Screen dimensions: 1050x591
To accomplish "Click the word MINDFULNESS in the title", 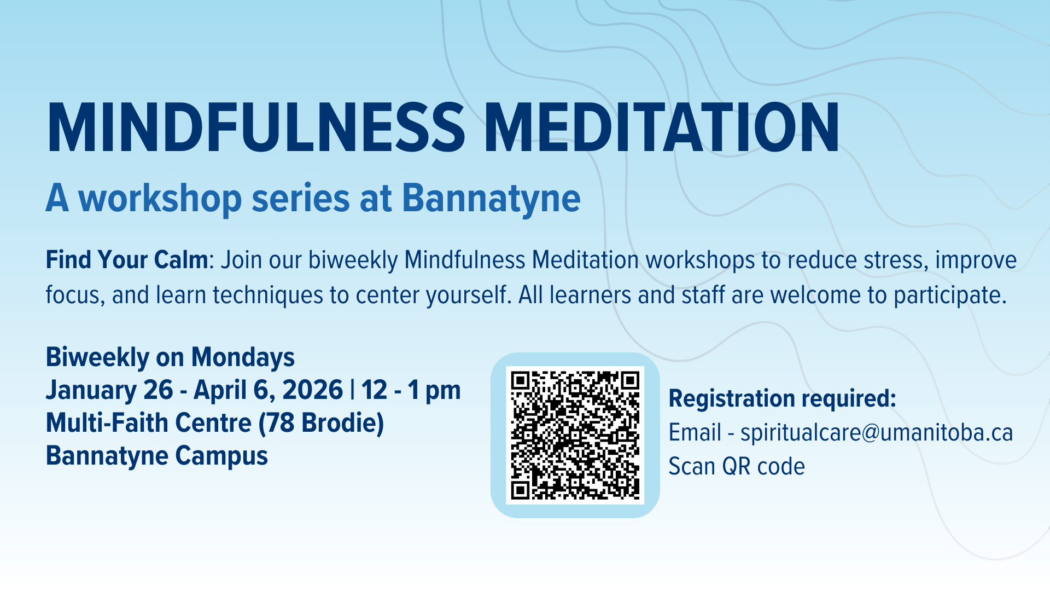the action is tap(256, 128).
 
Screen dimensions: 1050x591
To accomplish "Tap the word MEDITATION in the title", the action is tap(662, 128).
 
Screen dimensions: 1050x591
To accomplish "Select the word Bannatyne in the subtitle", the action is tap(491, 199).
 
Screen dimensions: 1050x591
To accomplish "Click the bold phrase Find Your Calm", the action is tap(127, 260).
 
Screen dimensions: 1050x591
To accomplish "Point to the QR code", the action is tap(575, 435).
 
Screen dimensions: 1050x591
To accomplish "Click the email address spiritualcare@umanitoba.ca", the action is tap(877, 432).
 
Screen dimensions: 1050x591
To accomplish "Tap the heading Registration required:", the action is tap(783, 398).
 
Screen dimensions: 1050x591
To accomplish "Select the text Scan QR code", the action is tap(737, 466).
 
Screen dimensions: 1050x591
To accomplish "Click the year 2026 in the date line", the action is tap(313, 390).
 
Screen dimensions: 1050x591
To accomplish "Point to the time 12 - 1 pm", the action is tap(411, 391).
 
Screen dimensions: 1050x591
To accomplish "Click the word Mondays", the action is tap(243, 357).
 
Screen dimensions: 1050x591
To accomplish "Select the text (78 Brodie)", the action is tap(322, 423).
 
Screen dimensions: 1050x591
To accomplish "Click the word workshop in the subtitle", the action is tap(160, 199).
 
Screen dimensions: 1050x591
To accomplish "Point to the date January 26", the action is tap(109, 390).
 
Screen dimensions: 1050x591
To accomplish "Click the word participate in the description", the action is tap(950, 296).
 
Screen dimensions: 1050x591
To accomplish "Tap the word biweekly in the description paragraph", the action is tap(353, 260).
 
